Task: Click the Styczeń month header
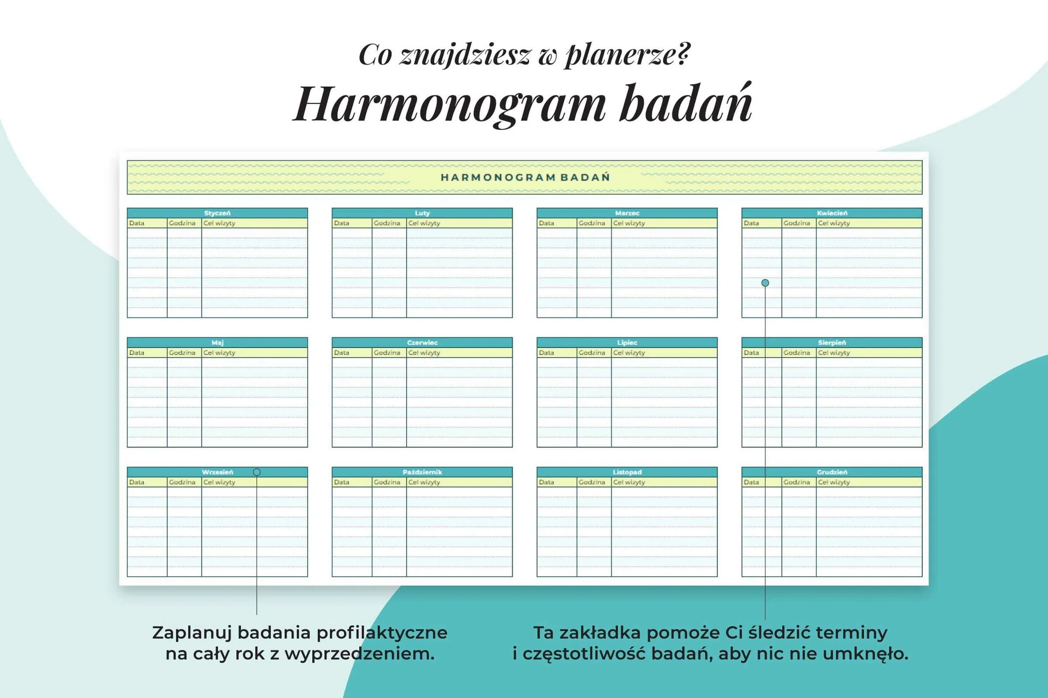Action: [217, 213]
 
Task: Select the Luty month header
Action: [422, 213]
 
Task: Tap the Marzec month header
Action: [627, 213]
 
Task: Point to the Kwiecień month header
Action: [832, 213]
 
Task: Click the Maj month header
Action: [217, 343]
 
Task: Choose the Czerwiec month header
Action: [422, 343]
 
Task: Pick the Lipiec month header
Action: [627, 343]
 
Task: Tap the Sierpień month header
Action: [832, 343]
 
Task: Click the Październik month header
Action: [422, 472]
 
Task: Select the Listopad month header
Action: [627, 472]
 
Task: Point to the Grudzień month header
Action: [832, 472]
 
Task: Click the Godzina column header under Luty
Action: [387, 223]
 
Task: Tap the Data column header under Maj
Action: [137, 352]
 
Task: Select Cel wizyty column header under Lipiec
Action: [629, 352]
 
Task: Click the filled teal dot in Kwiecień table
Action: [765, 283]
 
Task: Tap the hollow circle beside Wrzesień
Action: [257, 472]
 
